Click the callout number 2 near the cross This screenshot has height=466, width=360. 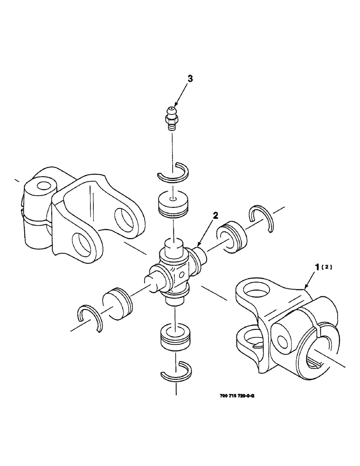[x=215, y=215]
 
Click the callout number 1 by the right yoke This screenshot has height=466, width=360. [x=318, y=267]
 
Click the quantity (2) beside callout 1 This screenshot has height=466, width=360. [x=328, y=267]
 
